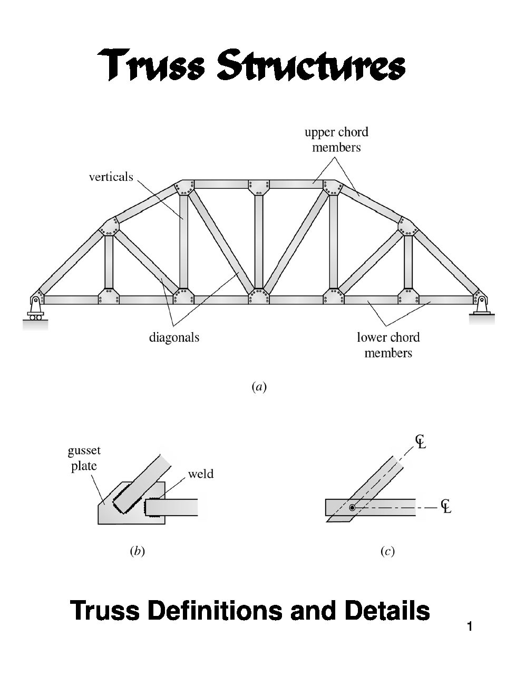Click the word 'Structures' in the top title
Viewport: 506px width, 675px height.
pos(312,65)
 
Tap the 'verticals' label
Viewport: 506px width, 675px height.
pos(111,177)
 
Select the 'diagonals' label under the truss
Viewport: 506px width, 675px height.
pos(174,337)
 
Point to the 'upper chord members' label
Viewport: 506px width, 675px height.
pos(336,140)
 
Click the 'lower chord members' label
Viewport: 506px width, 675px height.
pos(388,345)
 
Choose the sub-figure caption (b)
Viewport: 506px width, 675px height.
pos(137,552)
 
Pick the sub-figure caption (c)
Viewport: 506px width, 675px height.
pos(387,552)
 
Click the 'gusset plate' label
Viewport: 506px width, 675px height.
pos(84,458)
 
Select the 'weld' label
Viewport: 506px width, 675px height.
pos(201,474)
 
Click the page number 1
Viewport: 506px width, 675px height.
pos(469,627)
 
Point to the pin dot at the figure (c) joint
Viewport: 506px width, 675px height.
pos(352,507)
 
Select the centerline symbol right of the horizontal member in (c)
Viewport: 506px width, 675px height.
pos(446,506)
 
